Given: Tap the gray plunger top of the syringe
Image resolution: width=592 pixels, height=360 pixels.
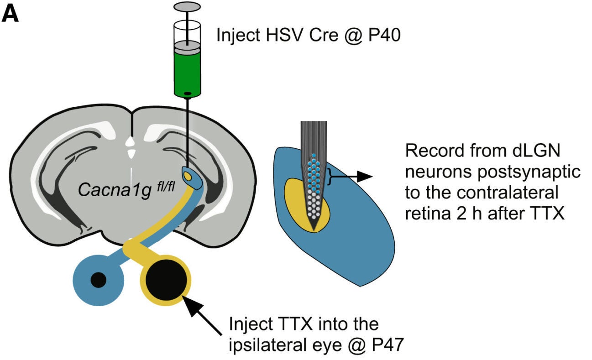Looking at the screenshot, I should click(x=187, y=6).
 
